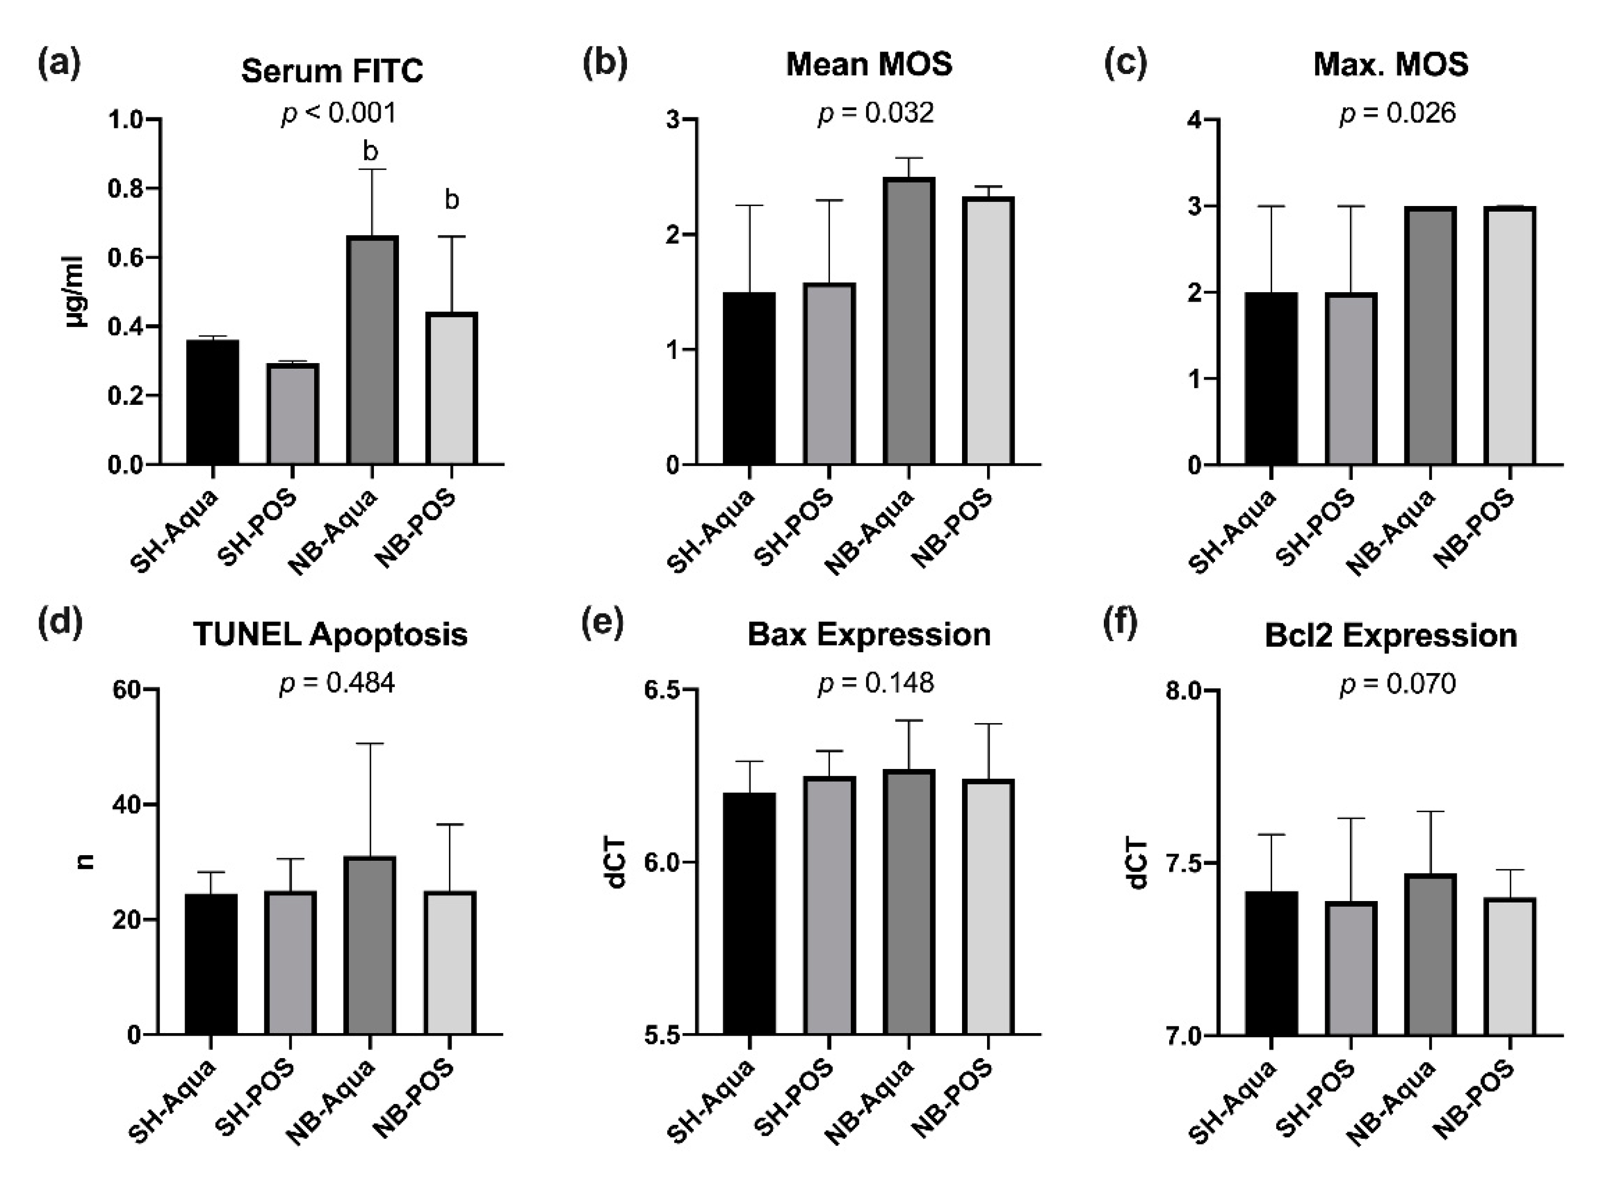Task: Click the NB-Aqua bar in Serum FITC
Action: pos(372,351)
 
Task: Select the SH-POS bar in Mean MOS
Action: pos(829,374)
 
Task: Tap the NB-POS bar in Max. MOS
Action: pos(1509,336)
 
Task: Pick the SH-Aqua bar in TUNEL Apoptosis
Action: pos(211,964)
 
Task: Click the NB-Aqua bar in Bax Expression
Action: pos(908,902)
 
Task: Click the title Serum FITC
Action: pos(332,71)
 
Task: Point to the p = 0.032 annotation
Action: pos(875,113)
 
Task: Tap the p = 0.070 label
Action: pos(1397,684)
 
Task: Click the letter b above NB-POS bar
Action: pos(451,200)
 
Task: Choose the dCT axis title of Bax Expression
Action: pos(616,862)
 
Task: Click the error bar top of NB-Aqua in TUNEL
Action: pos(370,744)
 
